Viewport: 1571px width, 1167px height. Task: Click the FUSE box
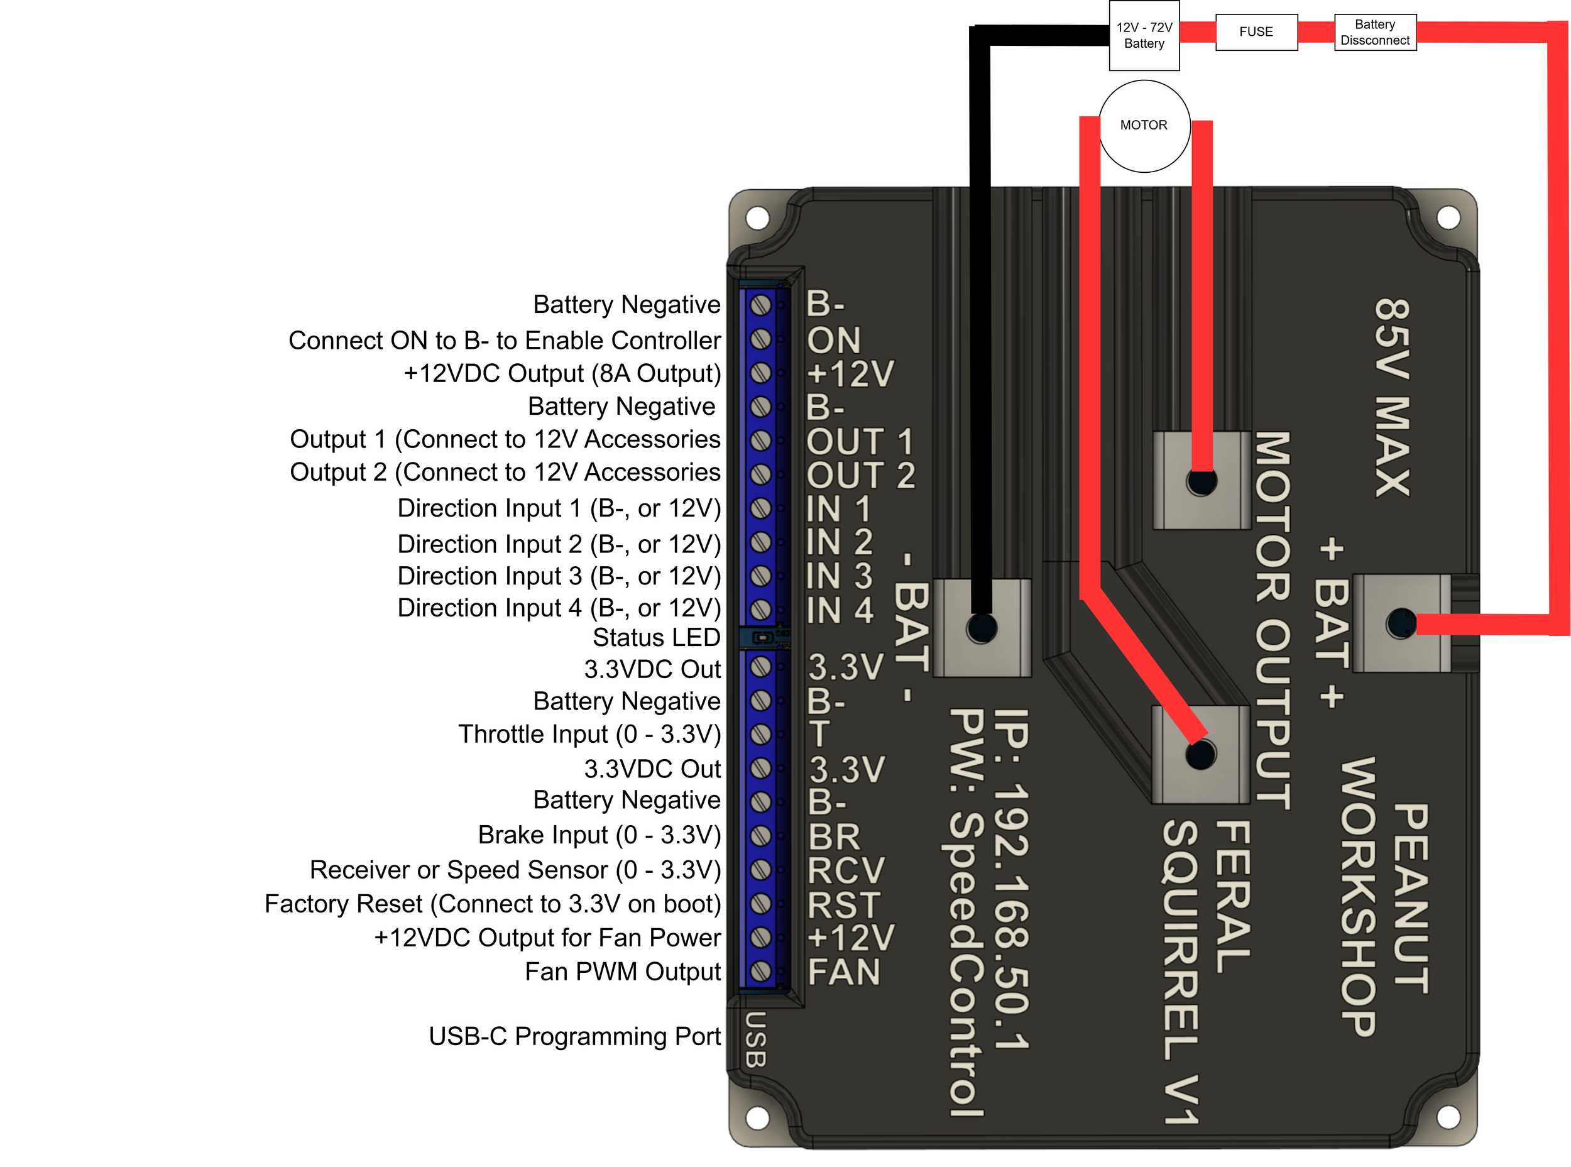pos(1256,32)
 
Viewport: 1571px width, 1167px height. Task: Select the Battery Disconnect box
pos(1375,32)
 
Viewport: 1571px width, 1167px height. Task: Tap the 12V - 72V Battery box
pos(1144,35)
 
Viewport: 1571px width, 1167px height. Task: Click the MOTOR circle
pos(1144,126)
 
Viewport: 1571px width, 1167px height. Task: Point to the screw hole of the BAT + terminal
pos(1401,623)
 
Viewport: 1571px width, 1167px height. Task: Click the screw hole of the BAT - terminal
pos(981,628)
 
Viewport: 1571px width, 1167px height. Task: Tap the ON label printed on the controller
pos(833,341)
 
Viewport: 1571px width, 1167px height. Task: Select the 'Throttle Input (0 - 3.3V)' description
pos(590,734)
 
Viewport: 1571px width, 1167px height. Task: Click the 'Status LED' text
pos(656,637)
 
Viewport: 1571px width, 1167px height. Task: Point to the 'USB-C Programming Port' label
pos(574,1036)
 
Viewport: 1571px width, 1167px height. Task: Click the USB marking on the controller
pos(755,1039)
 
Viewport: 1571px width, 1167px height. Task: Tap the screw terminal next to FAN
pos(760,972)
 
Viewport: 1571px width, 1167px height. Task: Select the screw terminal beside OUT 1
pos(760,440)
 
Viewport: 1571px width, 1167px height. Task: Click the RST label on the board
pos(843,905)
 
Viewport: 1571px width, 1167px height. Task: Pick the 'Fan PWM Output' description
pos(623,972)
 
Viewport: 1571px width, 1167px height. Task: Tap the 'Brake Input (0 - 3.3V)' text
pos(599,835)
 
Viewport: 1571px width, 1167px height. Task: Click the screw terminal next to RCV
pos(760,870)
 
